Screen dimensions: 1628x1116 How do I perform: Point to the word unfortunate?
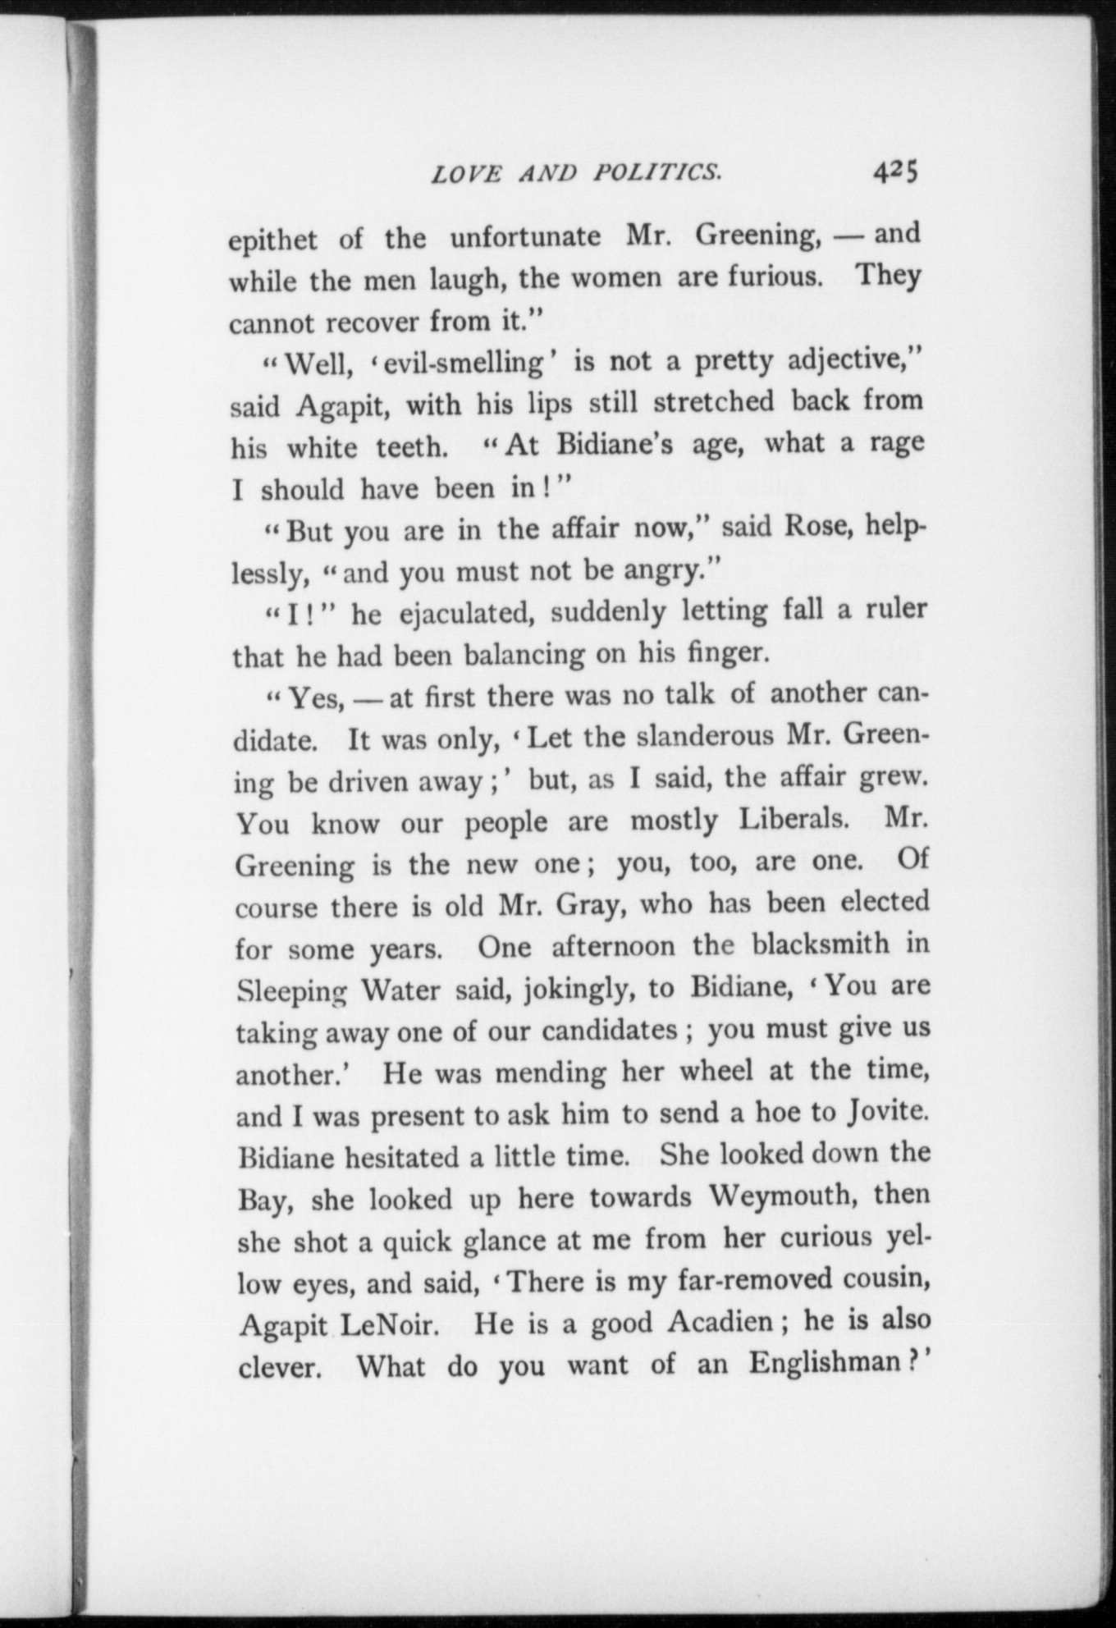tap(525, 237)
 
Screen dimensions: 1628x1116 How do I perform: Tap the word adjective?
tap(854, 360)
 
